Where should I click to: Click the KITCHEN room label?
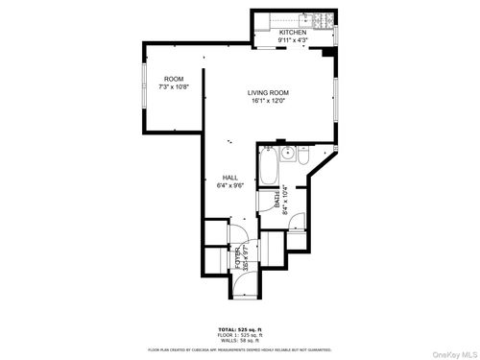293,33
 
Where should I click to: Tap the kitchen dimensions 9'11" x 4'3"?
293,40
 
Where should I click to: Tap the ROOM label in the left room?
174,79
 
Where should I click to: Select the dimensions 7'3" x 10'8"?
174,86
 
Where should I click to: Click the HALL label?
230,178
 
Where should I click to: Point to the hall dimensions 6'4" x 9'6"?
230,185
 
